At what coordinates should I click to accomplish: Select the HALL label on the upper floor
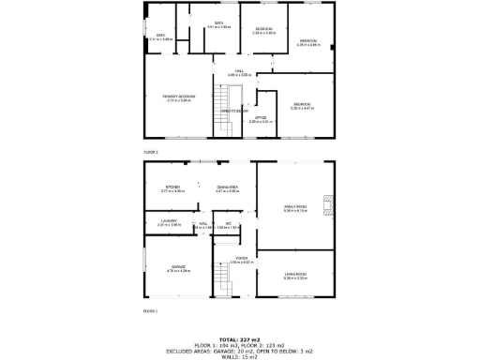[241, 71]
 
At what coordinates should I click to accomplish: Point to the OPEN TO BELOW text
[233, 111]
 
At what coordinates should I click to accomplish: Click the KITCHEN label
[172, 187]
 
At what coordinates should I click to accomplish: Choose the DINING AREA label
[227, 187]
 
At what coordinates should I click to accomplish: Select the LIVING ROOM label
[296, 276]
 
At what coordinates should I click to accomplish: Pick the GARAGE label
[177, 267]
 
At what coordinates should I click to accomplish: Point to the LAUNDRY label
[169, 222]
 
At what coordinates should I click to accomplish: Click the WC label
[228, 223]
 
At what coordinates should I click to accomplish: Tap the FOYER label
[241, 258]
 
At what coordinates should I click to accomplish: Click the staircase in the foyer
[223, 281]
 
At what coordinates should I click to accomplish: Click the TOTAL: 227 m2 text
[240, 338]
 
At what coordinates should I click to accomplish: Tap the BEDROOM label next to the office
[302, 104]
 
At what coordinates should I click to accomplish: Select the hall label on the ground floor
[201, 223]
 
